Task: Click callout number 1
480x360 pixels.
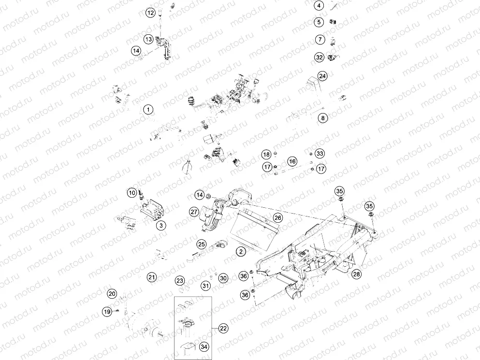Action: coord(147,110)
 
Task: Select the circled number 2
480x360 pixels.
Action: coord(240,251)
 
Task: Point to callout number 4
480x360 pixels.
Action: coord(319,6)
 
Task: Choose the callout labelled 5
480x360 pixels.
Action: coord(319,22)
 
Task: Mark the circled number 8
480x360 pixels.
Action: coord(322,117)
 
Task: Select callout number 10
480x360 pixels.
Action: coord(132,193)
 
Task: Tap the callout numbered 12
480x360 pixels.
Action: coord(151,13)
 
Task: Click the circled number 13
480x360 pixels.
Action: coord(148,39)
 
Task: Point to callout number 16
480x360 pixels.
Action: coord(292,161)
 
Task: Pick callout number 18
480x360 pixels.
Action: coord(266,154)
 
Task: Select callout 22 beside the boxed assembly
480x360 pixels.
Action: coord(223,328)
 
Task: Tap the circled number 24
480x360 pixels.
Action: coord(322,76)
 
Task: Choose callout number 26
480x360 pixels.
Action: coord(277,217)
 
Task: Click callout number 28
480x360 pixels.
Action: coord(357,274)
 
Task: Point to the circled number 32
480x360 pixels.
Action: coord(319,57)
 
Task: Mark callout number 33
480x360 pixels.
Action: coord(319,153)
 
